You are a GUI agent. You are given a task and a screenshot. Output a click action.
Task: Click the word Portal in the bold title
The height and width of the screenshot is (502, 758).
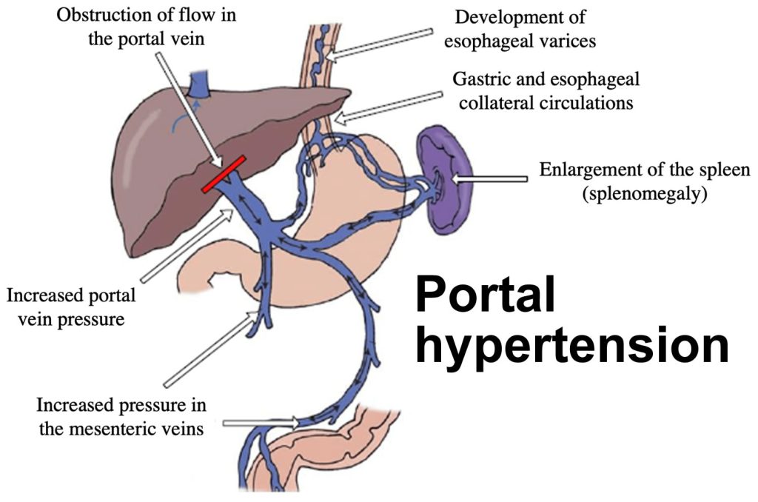pos(486,295)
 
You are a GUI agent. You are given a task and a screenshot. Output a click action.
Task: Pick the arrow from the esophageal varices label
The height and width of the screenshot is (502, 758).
pos(381,44)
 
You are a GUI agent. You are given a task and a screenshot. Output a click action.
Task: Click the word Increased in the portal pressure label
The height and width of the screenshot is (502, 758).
pos(43,297)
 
